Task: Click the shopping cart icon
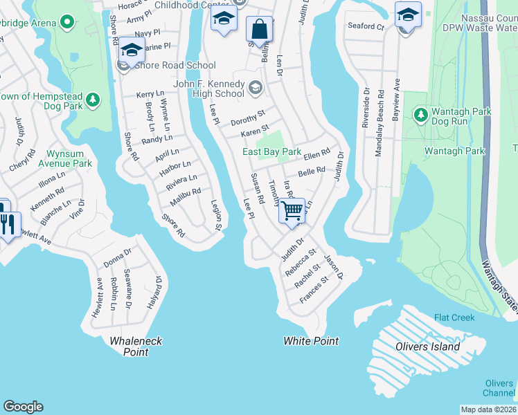point(292,210)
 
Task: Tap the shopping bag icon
point(259,30)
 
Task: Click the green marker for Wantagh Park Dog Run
point(420,113)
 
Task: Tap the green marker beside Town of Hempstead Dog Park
point(91,102)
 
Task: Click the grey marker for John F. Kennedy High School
point(255,87)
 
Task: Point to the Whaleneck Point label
point(128,346)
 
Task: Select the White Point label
point(311,341)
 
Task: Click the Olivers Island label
point(427,347)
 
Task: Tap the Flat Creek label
point(454,318)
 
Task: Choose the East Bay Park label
point(271,151)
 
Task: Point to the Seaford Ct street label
point(366,26)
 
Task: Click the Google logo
point(23,407)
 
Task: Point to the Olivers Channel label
point(499,388)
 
